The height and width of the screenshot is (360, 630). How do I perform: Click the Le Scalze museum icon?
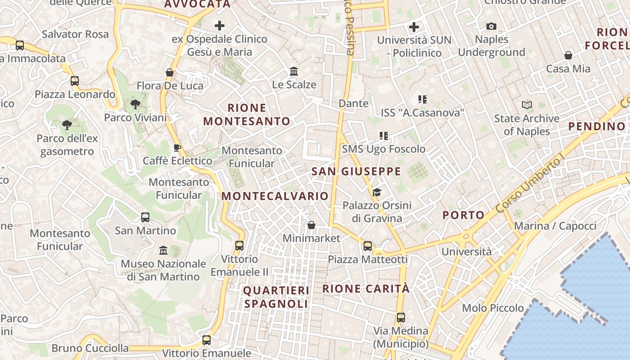(x=294, y=72)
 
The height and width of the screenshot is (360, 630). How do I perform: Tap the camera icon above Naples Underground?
(x=491, y=27)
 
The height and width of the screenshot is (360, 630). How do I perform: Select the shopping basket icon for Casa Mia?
(x=568, y=55)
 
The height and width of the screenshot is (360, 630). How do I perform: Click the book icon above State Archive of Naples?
(x=527, y=105)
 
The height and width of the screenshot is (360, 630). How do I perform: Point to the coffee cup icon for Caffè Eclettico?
(x=177, y=148)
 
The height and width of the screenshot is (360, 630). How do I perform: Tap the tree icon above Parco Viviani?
(x=135, y=105)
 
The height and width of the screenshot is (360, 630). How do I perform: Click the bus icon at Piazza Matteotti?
(x=368, y=246)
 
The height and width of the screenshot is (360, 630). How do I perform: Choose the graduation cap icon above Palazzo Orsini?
(x=377, y=193)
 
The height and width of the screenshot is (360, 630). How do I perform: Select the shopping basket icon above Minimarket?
(x=311, y=225)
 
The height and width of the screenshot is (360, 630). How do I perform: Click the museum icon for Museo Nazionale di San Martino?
(x=163, y=250)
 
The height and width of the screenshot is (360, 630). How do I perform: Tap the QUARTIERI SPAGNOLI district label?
(x=276, y=297)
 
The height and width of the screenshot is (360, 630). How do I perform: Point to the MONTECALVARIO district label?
(x=275, y=196)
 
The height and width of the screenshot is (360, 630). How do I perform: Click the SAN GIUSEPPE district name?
(x=356, y=171)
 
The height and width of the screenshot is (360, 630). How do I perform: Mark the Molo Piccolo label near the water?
(x=493, y=308)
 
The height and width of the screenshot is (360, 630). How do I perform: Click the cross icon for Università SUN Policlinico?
(x=414, y=27)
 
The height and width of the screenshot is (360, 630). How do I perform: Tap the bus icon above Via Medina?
(x=400, y=318)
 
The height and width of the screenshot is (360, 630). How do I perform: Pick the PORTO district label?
(x=463, y=215)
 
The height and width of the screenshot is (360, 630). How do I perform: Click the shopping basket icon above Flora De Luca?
(x=170, y=72)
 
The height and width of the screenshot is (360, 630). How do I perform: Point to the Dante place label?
(x=353, y=103)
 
